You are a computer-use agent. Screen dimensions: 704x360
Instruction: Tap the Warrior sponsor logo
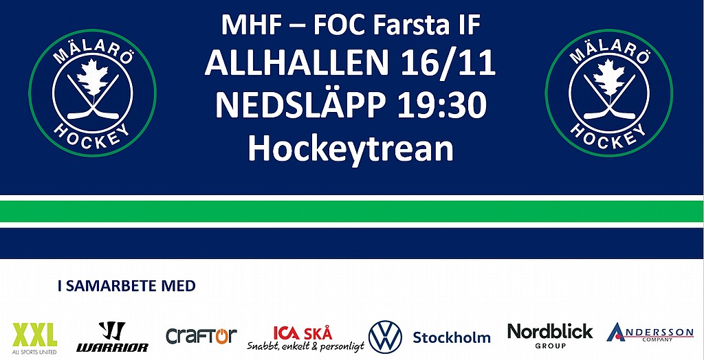112,336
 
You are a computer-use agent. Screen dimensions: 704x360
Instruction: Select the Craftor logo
201,336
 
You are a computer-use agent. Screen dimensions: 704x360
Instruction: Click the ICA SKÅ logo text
303,333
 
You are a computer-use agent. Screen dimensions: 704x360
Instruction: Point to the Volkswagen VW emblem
385,337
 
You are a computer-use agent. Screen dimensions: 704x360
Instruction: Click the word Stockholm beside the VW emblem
452,337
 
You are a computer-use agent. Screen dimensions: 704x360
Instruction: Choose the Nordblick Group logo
550,336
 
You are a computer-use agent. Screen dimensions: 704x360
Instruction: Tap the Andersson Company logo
650,333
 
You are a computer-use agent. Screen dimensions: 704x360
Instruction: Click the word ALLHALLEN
296,63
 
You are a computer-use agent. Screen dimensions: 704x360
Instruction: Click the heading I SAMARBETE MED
126,286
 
